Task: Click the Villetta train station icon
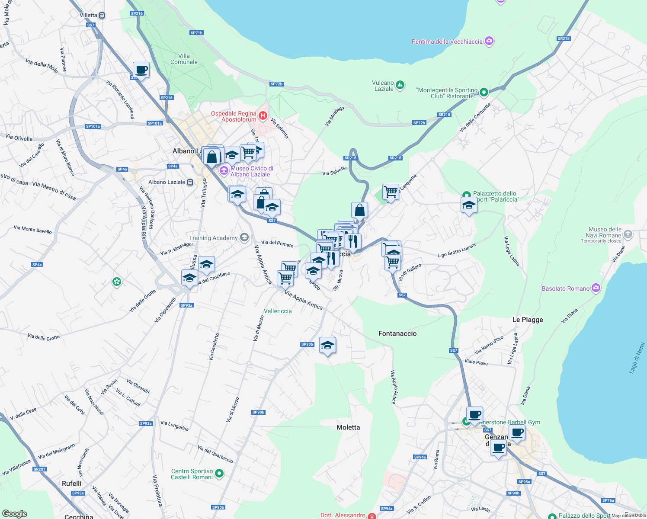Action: pyautogui.click(x=102, y=15)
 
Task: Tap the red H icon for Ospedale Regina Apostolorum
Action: pyautogui.click(x=263, y=115)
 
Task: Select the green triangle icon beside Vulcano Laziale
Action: pyautogui.click(x=400, y=85)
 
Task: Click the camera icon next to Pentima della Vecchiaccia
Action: pyautogui.click(x=489, y=41)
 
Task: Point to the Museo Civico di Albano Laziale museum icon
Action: pyautogui.click(x=224, y=171)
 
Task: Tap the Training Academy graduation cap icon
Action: pyautogui.click(x=244, y=237)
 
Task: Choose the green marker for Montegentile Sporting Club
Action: pyautogui.click(x=484, y=92)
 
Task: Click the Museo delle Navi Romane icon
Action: pyautogui.click(x=628, y=235)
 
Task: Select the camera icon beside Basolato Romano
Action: pyautogui.click(x=596, y=288)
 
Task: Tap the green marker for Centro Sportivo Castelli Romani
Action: pyautogui.click(x=219, y=474)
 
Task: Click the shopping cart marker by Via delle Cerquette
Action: pyautogui.click(x=391, y=192)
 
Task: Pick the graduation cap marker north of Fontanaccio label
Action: pyautogui.click(x=327, y=345)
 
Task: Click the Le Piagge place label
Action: pyautogui.click(x=527, y=320)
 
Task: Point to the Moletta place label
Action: pyautogui.click(x=348, y=427)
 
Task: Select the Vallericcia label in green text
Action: pyautogui.click(x=278, y=311)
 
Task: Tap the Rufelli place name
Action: pyautogui.click(x=71, y=484)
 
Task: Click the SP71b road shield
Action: pyautogui.click(x=196, y=33)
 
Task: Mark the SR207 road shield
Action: pyautogui.click(x=39, y=469)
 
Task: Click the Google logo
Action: pyautogui.click(x=15, y=514)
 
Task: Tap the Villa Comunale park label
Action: pyautogui.click(x=184, y=59)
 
